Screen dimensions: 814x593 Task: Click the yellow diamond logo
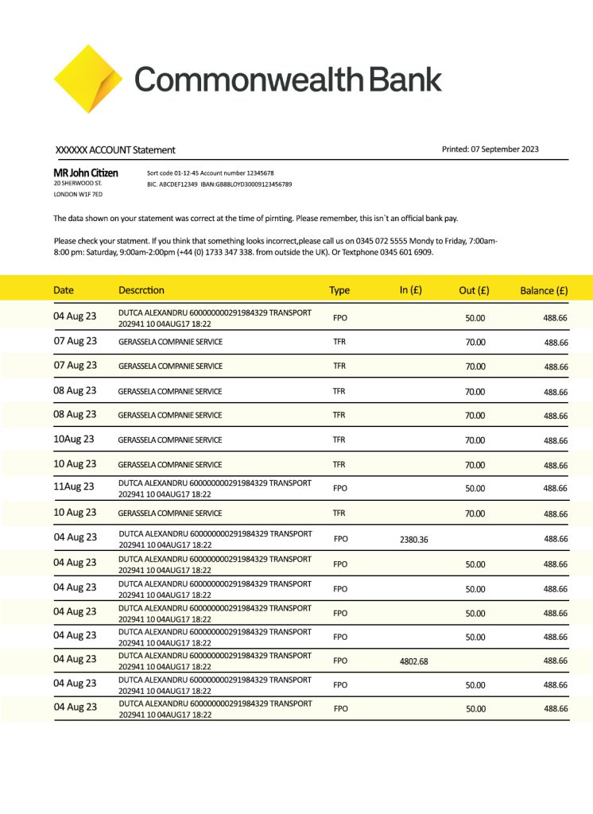tap(87, 79)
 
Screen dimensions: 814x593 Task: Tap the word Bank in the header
tap(405, 79)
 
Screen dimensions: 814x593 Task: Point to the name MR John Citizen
tap(86, 172)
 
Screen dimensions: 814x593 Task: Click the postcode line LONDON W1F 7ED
tap(78, 194)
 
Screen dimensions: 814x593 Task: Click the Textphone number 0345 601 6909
tap(407, 253)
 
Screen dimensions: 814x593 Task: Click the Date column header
tap(64, 290)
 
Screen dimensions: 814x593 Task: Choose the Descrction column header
tap(141, 290)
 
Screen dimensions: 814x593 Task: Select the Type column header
tap(339, 290)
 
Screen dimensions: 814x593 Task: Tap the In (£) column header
tap(410, 290)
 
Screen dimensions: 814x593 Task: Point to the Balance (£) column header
tap(544, 290)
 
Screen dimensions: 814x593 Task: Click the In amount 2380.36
tap(413, 540)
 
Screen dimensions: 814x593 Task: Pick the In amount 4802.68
tap(413, 661)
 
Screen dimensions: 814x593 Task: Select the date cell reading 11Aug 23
tap(74, 486)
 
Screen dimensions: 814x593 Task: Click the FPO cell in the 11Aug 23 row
tap(340, 488)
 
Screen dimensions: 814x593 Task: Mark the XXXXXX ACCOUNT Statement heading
tap(115, 150)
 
